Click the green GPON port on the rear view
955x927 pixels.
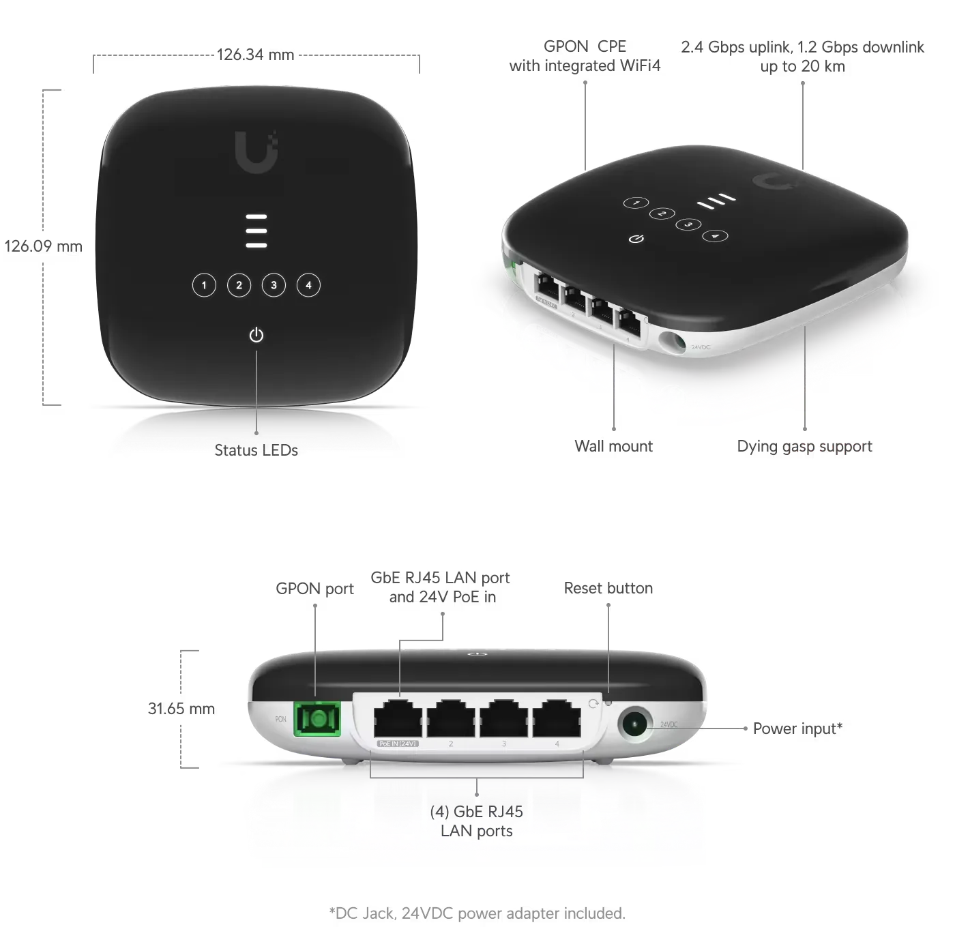pos(315,719)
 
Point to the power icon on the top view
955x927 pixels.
pos(256,335)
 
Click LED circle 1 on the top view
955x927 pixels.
pos(204,285)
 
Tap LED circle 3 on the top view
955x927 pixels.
pos(274,285)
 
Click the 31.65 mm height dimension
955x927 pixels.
pos(182,709)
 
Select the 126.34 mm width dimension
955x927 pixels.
pos(255,54)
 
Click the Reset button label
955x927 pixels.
pos(608,588)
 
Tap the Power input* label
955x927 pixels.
pos(797,729)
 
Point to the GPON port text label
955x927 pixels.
pos(314,588)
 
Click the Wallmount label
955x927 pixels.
pos(613,446)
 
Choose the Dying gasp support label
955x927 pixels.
pos(804,446)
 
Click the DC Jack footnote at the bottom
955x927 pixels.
pos(476,913)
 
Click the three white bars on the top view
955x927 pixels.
pos(256,231)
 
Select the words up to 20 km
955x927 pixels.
pos(802,67)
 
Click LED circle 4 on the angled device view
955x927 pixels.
pos(715,236)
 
